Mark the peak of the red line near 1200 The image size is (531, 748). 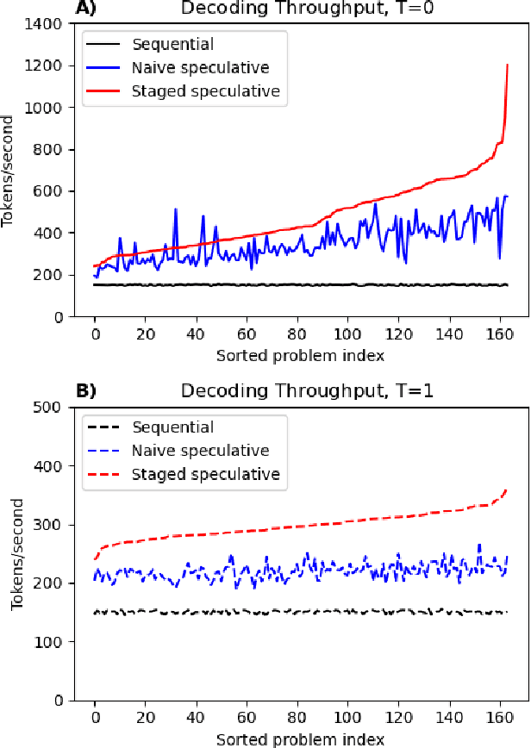(508, 65)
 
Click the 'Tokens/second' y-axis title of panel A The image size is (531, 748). (10, 170)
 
